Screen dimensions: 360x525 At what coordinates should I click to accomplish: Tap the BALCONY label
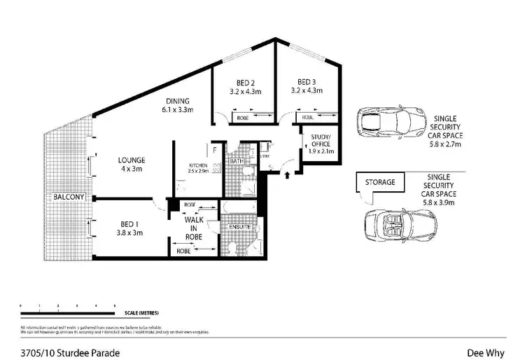coord(69,198)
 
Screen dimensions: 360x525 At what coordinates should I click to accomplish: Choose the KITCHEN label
coord(198,166)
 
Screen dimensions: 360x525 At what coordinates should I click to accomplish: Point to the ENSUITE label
coord(240,228)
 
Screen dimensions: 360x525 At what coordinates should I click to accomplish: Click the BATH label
coord(236,161)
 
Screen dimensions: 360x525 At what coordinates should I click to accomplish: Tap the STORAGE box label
coord(379,182)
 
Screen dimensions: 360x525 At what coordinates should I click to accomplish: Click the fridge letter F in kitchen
coord(213,148)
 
